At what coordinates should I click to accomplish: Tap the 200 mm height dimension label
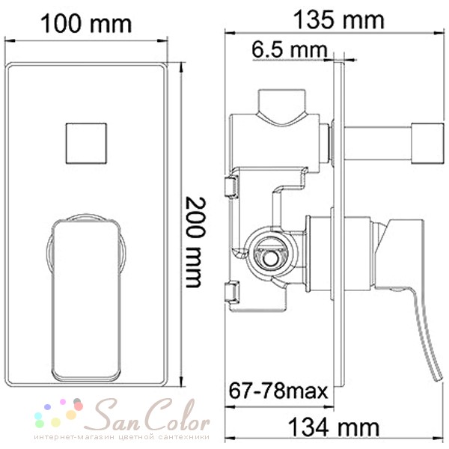click(x=195, y=242)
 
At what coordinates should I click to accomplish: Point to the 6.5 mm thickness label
click(x=290, y=49)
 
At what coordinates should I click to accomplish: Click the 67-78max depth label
click(x=278, y=391)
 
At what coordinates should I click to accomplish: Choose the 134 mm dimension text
click(x=335, y=427)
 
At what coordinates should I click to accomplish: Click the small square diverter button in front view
click(x=86, y=144)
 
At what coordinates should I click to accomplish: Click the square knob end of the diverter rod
click(x=428, y=143)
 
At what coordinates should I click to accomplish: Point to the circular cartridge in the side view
click(x=269, y=256)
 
